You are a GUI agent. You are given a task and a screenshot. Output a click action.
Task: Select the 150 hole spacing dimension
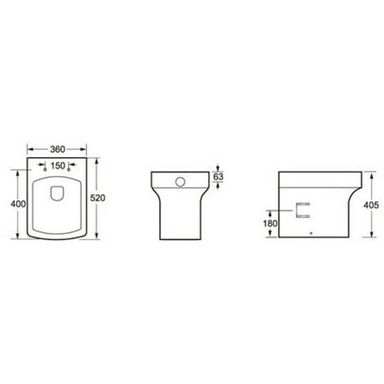pyautogui.click(x=57, y=166)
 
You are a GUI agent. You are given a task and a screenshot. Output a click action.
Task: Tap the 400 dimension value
pyautogui.click(x=18, y=204)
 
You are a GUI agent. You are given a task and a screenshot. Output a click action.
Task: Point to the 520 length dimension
pyautogui.click(x=97, y=198)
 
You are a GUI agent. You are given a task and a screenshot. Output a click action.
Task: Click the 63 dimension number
pyautogui.click(x=218, y=177)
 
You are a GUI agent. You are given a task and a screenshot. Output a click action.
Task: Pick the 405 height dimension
pyautogui.click(x=372, y=205)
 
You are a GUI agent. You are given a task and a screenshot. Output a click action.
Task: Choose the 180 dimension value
pyautogui.click(x=271, y=223)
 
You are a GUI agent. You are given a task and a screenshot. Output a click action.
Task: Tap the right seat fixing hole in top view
pyautogui.click(x=69, y=169)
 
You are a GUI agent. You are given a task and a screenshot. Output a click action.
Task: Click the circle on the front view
pyautogui.click(x=180, y=181)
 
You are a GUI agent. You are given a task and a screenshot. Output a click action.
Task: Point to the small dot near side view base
pyautogui.click(x=311, y=232)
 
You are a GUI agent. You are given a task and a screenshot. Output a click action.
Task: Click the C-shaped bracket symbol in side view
pyautogui.click(x=302, y=210)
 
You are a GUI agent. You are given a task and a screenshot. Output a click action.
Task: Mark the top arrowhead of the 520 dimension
pyautogui.click(x=96, y=160)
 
